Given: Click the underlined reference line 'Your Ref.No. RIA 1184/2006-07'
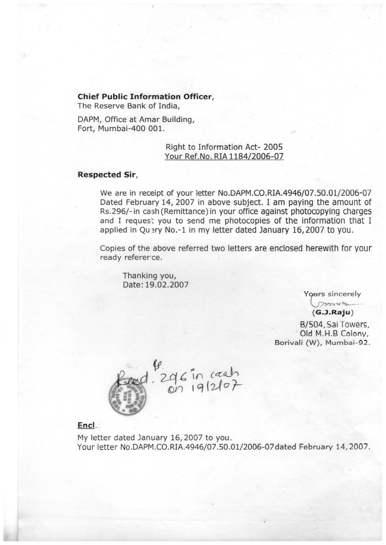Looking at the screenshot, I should click(224, 156).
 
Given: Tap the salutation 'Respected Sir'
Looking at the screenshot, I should click(107, 175).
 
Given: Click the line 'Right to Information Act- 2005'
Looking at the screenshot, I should click(224, 147).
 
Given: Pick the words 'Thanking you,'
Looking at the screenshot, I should click(150, 276).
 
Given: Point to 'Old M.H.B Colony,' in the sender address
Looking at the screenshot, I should click(334, 334).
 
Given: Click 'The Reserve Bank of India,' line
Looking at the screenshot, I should click(128, 106).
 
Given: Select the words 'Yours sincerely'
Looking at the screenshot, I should click(332, 294).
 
